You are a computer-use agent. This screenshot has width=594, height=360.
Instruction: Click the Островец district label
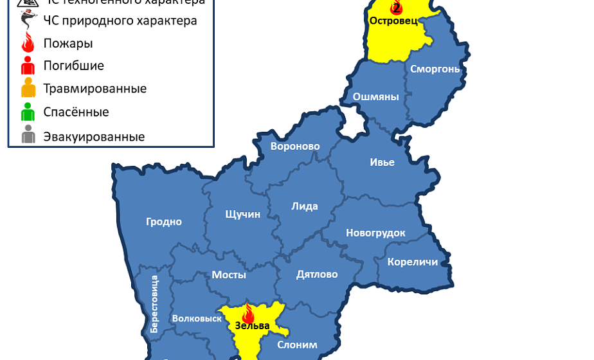tap(393, 21)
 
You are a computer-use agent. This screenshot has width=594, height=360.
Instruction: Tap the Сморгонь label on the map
tap(435, 69)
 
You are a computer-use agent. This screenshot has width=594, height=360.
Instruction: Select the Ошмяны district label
tap(376, 97)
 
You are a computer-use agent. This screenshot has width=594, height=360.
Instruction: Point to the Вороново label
tap(295, 147)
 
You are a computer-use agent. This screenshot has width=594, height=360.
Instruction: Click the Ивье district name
tap(382, 162)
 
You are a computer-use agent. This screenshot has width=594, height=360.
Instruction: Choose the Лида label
tap(305, 206)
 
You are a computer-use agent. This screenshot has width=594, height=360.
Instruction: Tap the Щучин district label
tap(243, 214)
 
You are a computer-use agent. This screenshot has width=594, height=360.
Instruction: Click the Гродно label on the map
tap(164, 222)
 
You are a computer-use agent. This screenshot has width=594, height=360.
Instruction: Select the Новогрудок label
tap(375, 233)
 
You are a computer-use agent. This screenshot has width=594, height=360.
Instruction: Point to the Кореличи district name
tap(413, 262)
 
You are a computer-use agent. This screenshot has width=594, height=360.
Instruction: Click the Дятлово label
tap(317, 274)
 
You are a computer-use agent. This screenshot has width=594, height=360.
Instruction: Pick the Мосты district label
tap(229, 275)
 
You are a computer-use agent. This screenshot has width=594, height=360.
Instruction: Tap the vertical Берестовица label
tap(154, 303)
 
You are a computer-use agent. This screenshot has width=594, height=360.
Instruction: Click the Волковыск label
tap(197, 318)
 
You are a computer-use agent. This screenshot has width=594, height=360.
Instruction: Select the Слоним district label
tap(297, 345)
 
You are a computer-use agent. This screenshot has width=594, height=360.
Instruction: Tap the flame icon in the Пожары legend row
tap(28, 44)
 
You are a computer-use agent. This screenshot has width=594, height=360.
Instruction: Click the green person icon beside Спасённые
tap(28, 113)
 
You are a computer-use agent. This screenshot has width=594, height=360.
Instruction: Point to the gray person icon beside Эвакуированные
tap(28, 136)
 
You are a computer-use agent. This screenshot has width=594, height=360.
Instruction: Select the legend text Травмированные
tap(94, 89)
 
